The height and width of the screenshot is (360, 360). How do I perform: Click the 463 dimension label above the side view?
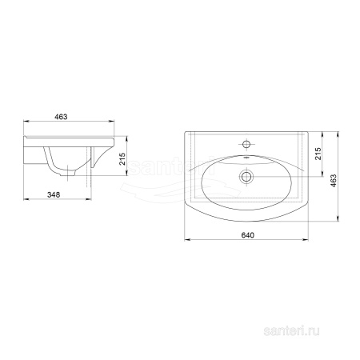pyautogui.click(x=61, y=117)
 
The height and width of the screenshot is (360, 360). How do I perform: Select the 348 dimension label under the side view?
pyautogui.click(x=54, y=195)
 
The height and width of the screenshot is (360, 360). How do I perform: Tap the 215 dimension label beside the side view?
pyautogui.click(x=122, y=159)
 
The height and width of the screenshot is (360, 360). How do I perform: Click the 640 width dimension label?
pyautogui.click(x=248, y=235)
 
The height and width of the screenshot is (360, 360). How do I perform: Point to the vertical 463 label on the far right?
pyautogui.click(x=334, y=181)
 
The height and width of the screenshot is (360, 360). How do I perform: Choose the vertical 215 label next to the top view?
pyautogui.click(x=318, y=154)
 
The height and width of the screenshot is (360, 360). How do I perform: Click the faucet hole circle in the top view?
pyautogui.click(x=246, y=145)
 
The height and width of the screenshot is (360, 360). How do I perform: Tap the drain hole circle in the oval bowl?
pyautogui.click(x=246, y=177)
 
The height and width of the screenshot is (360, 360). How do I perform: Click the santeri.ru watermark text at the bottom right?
pyautogui.click(x=291, y=331)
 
